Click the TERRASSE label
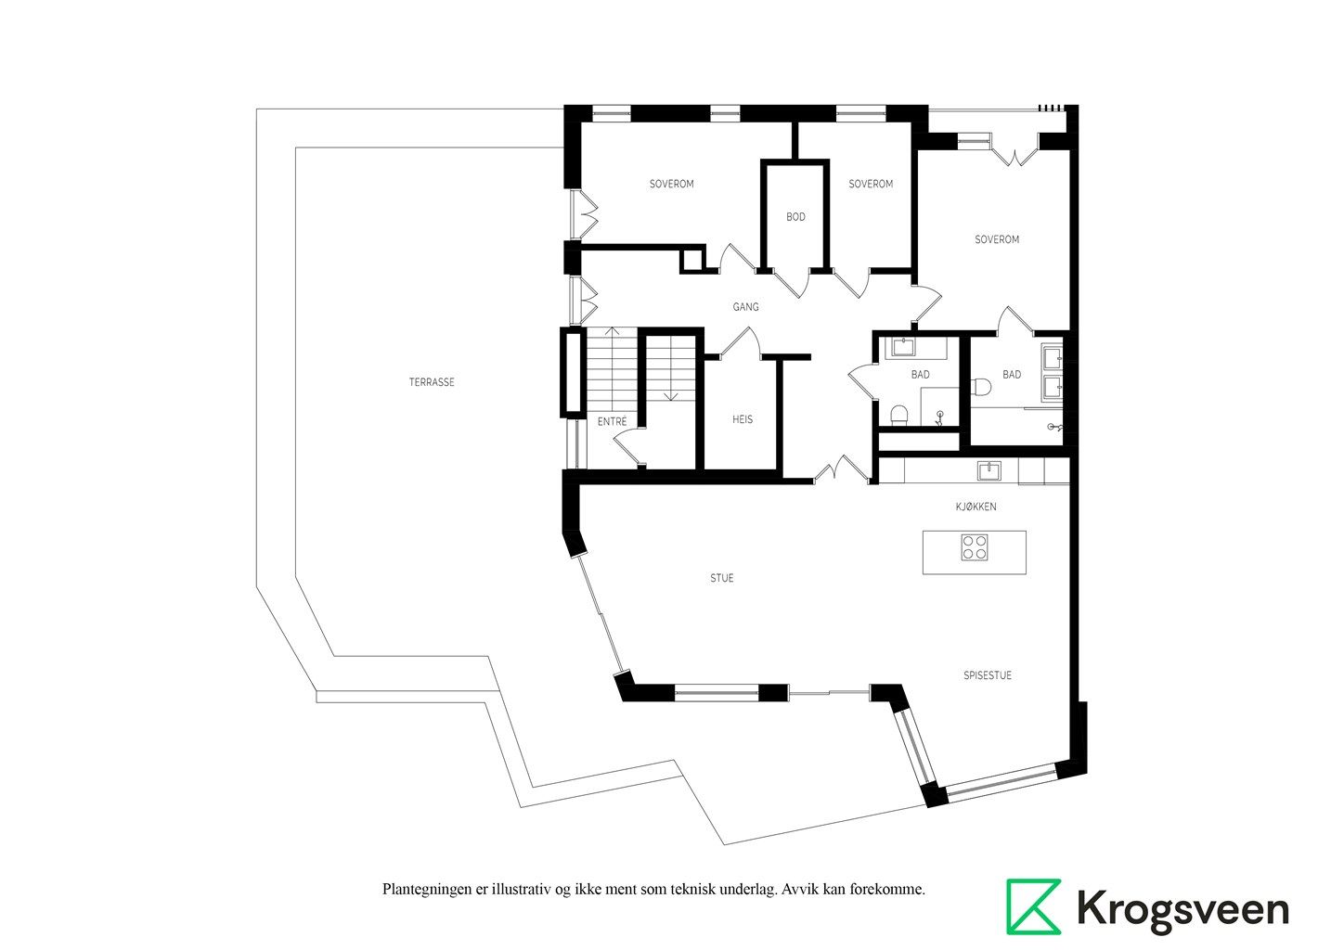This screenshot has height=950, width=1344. click(x=432, y=382)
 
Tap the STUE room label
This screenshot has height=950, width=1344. click(x=722, y=578)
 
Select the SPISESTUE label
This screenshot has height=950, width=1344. click(x=987, y=675)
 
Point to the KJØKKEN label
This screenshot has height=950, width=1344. click(x=976, y=507)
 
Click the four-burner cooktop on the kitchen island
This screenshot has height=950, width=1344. click(x=974, y=547)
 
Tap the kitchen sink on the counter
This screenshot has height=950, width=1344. click(x=989, y=470)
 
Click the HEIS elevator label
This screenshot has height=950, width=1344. click(x=743, y=419)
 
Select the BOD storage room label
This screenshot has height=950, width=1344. click(x=795, y=217)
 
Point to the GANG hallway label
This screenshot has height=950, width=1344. click(x=746, y=307)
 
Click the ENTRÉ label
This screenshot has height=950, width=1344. click(x=612, y=421)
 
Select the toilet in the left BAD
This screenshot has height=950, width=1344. click(x=898, y=415)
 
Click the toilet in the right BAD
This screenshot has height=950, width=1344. click(x=980, y=388)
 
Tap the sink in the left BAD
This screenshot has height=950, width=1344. click(x=902, y=347)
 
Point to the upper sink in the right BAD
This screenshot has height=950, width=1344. click(x=1053, y=358)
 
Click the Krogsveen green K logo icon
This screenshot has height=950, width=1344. click(x=1033, y=906)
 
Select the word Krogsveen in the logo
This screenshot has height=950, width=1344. click(x=1182, y=909)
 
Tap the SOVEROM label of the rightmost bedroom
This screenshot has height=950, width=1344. click(x=997, y=240)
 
